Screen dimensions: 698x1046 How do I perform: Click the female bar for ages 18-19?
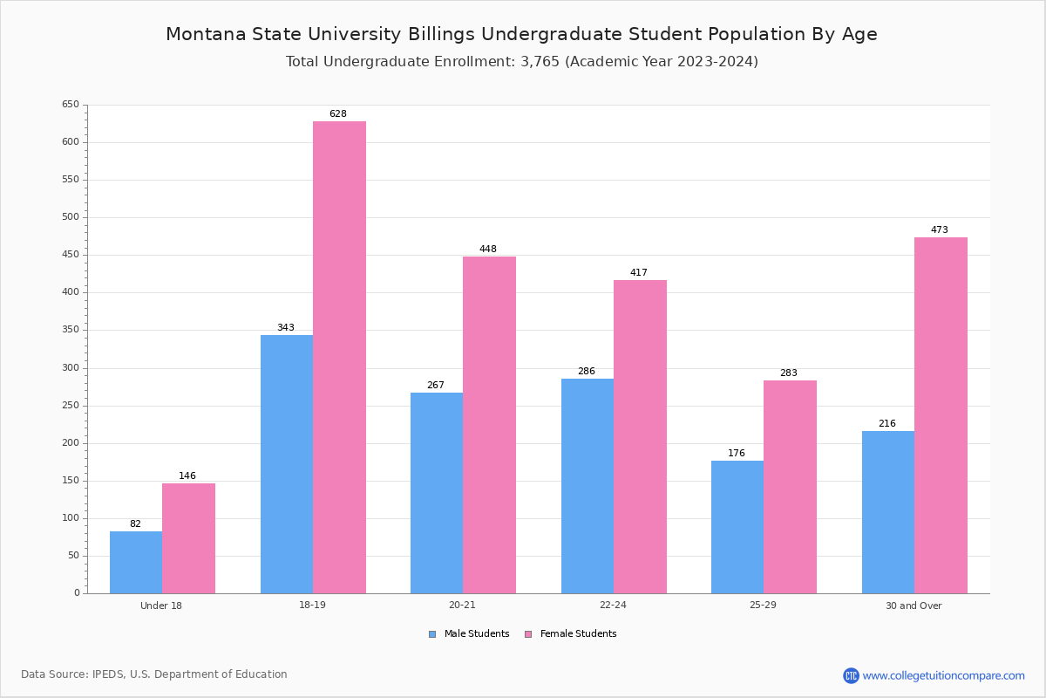pos(339,358)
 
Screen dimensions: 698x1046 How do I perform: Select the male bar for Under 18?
pos(136,563)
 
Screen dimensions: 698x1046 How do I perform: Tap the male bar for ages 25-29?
pos(737,527)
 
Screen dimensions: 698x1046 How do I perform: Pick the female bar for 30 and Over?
pos(941,415)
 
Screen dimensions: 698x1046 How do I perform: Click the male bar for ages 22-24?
pos(587,486)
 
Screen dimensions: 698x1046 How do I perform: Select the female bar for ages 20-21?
pos(489,425)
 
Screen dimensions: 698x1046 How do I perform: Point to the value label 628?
pos(338,114)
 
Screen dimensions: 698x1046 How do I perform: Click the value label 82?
pos(135,524)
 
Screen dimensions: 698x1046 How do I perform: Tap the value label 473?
pos(939,230)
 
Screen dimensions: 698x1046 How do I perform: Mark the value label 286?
pos(587,372)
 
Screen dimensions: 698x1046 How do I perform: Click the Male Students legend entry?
pos(476,634)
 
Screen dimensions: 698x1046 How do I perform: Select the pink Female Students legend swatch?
pos(528,634)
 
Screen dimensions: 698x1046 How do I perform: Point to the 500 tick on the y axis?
pos(71,217)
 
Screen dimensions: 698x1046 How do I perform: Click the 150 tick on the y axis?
pos(71,481)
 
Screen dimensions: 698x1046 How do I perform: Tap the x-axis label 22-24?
pos(613,606)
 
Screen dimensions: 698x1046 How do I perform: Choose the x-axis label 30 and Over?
pos(914,606)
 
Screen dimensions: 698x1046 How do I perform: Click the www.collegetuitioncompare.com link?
pos(943,675)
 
